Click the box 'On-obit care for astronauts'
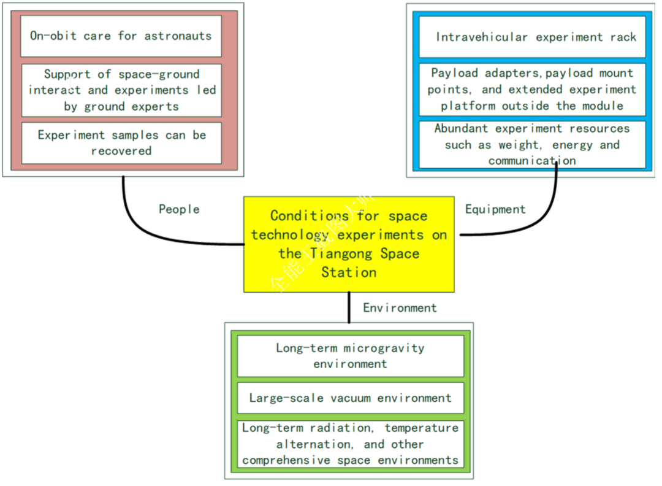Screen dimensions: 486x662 click(x=121, y=36)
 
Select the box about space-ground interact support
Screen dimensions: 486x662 click(x=121, y=90)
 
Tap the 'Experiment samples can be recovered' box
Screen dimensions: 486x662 click(x=121, y=142)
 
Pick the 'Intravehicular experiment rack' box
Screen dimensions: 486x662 click(x=531, y=37)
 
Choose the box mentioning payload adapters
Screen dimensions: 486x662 click(x=531, y=90)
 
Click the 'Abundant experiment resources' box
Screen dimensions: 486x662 click(x=531, y=145)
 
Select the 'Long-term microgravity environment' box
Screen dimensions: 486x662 click(x=350, y=356)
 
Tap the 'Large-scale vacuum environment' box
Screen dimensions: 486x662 click(x=350, y=398)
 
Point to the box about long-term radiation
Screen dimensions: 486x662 click(x=350, y=444)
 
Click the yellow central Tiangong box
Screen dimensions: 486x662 click(x=349, y=244)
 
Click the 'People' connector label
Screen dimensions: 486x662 click(x=179, y=209)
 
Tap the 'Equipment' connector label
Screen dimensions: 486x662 click(x=495, y=209)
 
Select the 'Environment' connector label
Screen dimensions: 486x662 click(x=400, y=308)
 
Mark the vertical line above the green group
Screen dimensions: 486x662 click(x=349, y=307)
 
